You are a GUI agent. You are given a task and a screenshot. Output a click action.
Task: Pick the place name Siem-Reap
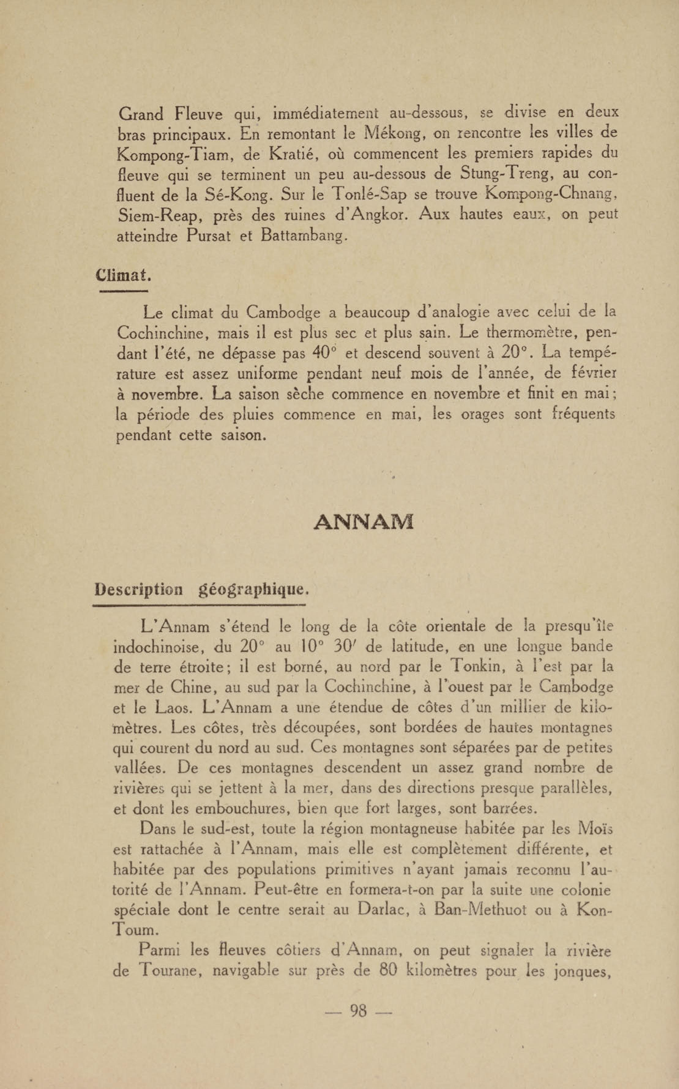pos(158,216)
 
